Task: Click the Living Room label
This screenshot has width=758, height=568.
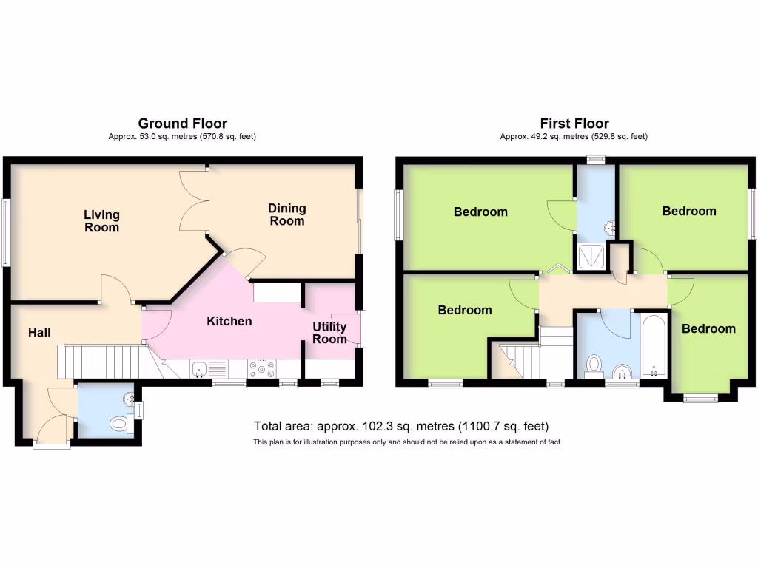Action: pos(101,221)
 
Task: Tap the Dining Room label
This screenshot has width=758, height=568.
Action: pos(286,214)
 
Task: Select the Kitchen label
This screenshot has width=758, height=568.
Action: pos(229,321)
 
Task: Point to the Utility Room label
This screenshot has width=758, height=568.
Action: pos(329,333)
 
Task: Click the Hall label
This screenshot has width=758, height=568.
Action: pos(39,334)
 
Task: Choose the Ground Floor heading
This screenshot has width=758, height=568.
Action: pos(183,124)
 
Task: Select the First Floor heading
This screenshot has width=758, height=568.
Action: pos(574,124)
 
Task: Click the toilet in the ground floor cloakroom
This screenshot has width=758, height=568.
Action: pos(118,425)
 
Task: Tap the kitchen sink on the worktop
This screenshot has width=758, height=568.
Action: pos(198,368)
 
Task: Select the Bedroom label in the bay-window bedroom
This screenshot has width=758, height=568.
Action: pos(708,328)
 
